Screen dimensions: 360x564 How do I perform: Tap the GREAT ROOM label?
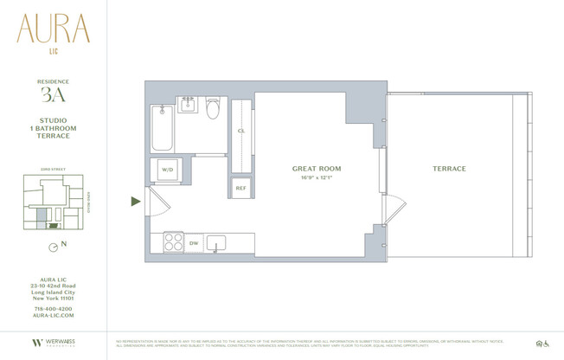[x=316, y=169]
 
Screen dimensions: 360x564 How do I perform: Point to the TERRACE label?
[x=449, y=169]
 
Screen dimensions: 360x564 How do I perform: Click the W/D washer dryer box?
[x=168, y=170]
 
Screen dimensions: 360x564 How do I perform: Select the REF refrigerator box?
[x=240, y=188]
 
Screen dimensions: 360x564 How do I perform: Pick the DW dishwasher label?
[x=194, y=243]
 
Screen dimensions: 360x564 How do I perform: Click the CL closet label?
[x=240, y=131]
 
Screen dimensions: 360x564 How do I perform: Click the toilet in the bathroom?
[x=213, y=110]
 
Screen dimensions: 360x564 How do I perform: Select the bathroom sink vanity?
[x=188, y=106]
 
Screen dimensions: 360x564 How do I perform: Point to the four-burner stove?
[x=173, y=242]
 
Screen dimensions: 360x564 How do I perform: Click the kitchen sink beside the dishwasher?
[x=216, y=242]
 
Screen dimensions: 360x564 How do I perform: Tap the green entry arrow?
[x=135, y=202]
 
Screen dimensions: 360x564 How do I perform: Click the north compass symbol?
[x=54, y=247]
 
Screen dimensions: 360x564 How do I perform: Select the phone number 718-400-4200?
[x=53, y=309]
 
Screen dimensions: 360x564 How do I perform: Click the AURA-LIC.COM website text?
[x=53, y=317]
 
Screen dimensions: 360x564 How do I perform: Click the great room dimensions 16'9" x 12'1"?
[x=316, y=178]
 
